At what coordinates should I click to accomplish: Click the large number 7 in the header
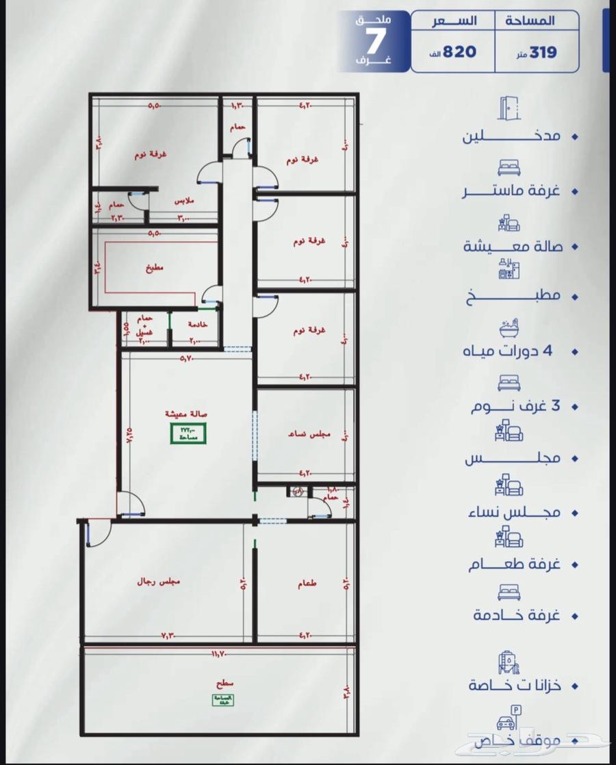coord(373,43)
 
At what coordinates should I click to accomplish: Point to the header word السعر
coord(452,21)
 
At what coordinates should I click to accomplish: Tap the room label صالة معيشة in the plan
coord(186,414)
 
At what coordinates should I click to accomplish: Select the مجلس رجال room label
coord(164,582)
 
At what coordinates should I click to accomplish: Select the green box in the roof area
coord(222,699)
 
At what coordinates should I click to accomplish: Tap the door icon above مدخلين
coord(509,109)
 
